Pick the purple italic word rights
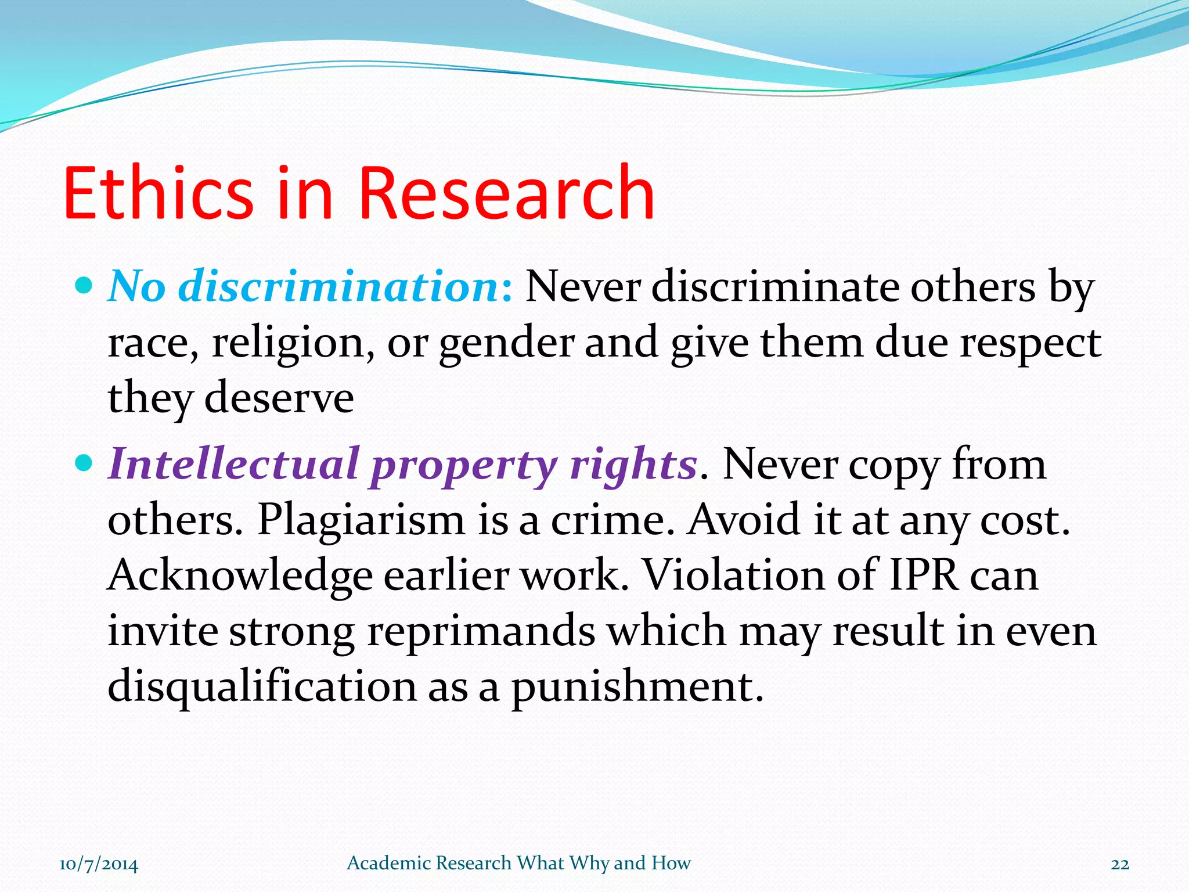pyautogui.click(x=633, y=465)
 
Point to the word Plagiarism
pyautogui.click(x=361, y=519)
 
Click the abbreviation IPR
pyautogui.click(x=923, y=575)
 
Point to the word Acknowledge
pyautogui.click(x=240, y=575)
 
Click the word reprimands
pyautogui.click(x=481, y=631)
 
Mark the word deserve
pyautogui.click(x=279, y=398)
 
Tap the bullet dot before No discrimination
pyautogui.click(x=85, y=286)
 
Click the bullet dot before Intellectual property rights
pyautogui.click(x=85, y=463)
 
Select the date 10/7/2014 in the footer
pyautogui.click(x=99, y=865)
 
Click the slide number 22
pyautogui.click(x=1120, y=865)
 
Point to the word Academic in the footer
pyautogui.click(x=387, y=863)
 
